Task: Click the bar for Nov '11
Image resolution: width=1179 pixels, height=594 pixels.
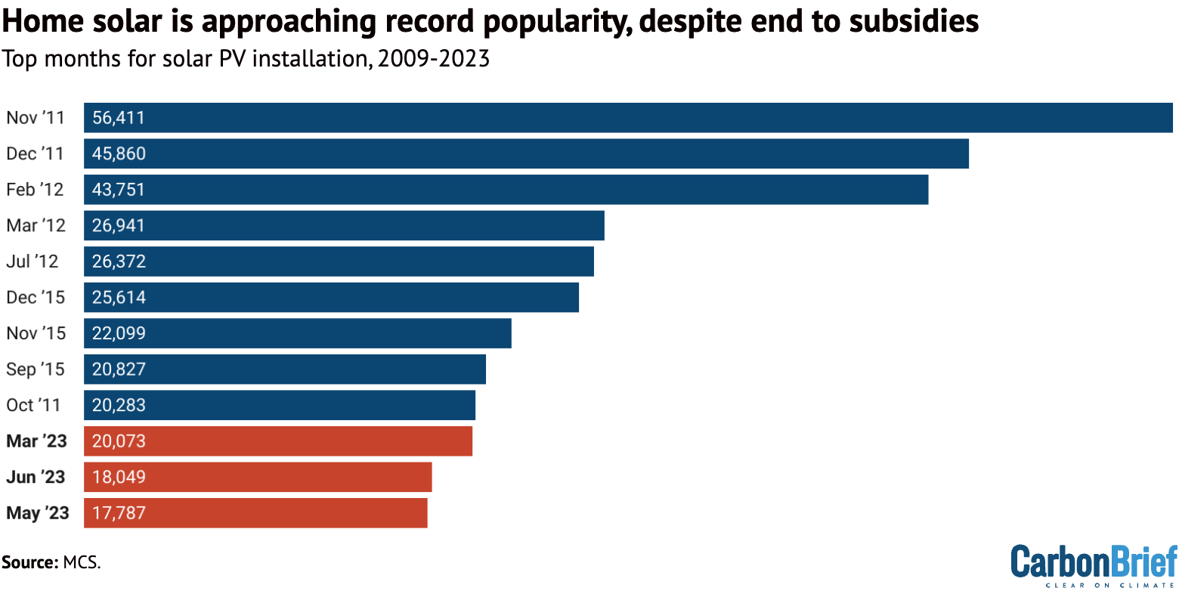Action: pyautogui.click(x=627, y=118)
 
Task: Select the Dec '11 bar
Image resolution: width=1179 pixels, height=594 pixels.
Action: pyautogui.click(x=526, y=153)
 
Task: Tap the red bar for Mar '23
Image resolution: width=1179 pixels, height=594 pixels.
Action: pyautogui.click(x=278, y=441)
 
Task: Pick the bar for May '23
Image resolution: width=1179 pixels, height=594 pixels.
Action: pyautogui.click(x=255, y=513)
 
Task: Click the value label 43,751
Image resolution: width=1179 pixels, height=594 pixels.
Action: pyautogui.click(x=119, y=190)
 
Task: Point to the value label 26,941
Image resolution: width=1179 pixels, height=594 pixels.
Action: pyautogui.click(x=119, y=225)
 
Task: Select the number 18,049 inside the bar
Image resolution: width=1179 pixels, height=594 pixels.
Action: pyautogui.click(x=119, y=477)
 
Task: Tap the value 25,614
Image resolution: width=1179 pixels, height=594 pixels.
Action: pyautogui.click(x=119, y=297)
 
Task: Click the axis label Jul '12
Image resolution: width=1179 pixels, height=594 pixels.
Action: pyautogui.click(x=32, y=261)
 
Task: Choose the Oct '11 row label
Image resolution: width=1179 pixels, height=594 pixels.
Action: pyautogui.click(x=33, y=405)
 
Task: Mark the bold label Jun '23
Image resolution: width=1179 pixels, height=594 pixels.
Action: pyautogui.click(x=36, y=477)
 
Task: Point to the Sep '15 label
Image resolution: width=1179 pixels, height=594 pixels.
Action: pyautogui.click(x=36, y=370)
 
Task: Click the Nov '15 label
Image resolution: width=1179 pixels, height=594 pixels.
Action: pyautogui.click(x=36, y=333)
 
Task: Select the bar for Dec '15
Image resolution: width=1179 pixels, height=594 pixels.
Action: pyautogui.click(x=331, y=297)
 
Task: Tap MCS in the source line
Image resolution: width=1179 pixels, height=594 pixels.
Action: pyautogui.click(x=81, y=562)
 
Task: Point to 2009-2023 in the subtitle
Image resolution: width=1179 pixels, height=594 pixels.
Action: pyautogui.click(x=434, y=58)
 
